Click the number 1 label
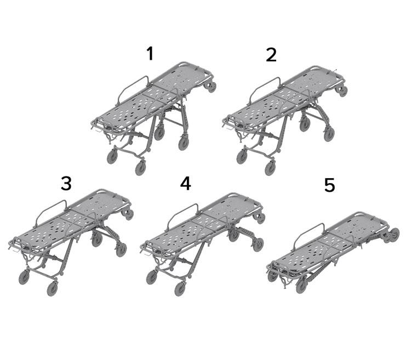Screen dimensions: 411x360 (150, 54)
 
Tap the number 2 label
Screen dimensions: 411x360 (271, 55)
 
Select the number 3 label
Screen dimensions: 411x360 (66, 183)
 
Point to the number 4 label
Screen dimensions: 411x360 (186, 183)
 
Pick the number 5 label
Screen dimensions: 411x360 (329, 185)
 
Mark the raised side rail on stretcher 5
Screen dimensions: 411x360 (308, 232)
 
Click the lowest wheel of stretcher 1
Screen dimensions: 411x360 (140, 168)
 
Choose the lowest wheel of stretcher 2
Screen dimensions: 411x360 (270, 168)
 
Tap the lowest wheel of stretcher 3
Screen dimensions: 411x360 (52, 289)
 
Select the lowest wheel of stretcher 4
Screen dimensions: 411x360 (181, 289)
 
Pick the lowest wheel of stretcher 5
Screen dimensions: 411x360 (301, 285)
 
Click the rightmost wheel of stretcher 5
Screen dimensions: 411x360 (393, 234)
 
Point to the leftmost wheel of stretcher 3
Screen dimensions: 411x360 (24, 278)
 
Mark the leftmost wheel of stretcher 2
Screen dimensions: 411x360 (242, 157)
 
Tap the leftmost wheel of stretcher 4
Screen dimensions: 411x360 (151, 277)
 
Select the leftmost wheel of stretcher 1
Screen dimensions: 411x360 (112, 157)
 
